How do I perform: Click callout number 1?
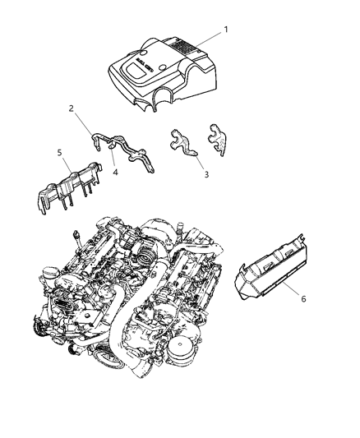(x=228, y=30)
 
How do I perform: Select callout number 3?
(x=206, y=174)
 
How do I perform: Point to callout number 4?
(x=116, y=173)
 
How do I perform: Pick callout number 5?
(x=59, y=151)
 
